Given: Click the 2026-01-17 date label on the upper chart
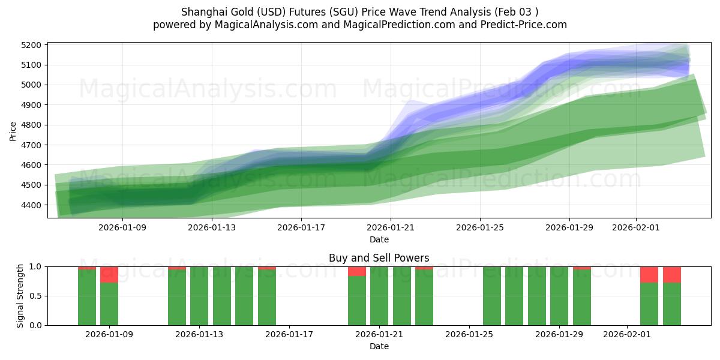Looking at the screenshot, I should click(301, 227).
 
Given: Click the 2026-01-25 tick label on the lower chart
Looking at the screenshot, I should click(468, 334).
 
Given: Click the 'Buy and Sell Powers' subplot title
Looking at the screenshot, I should click(379, 259).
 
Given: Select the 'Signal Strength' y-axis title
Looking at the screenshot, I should click(20, 296).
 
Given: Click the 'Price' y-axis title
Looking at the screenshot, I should click(13, 130).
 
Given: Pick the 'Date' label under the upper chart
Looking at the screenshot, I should click(379, 239).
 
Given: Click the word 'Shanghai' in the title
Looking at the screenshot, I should click(200, 12).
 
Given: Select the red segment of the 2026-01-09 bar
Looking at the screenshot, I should click(109, 274).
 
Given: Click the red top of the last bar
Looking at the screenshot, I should click(672, 274).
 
